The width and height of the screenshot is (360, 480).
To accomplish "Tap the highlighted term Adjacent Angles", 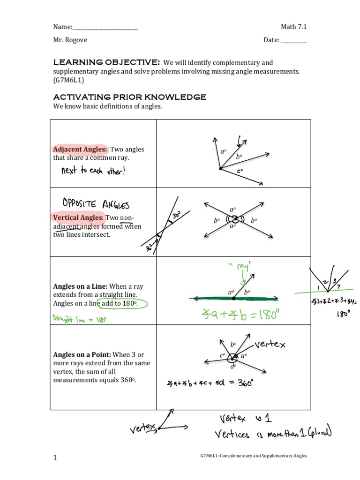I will click(80, 149).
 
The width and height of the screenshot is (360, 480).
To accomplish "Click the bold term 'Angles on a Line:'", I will click(81, 286).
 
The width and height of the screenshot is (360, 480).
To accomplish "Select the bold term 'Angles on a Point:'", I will click(82, 354).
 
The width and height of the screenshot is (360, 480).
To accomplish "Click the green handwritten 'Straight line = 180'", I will click(80, 320).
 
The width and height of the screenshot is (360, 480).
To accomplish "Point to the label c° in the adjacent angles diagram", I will click(239, 172).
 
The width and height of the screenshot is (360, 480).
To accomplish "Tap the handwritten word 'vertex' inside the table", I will click(271, 345).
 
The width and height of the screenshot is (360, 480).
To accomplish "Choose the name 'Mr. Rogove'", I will click(70, 40).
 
